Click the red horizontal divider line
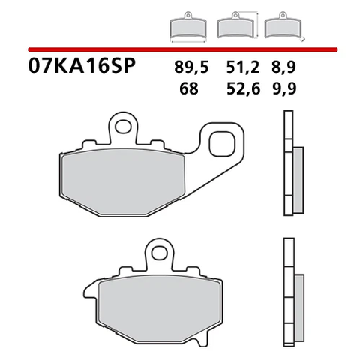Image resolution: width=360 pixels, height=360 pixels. (180, 49)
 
